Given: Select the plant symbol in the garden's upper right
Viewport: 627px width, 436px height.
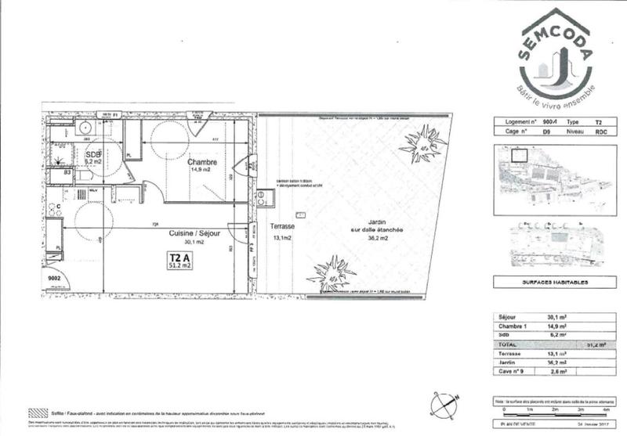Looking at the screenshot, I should [423, 145].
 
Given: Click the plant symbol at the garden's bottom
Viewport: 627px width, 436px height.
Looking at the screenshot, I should [332, 275].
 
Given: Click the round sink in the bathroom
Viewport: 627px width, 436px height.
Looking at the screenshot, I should [85, 127].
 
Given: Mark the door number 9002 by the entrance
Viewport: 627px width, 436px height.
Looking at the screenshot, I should [55, 278].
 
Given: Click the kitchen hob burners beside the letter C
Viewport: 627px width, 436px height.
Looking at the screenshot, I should [55, 212].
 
